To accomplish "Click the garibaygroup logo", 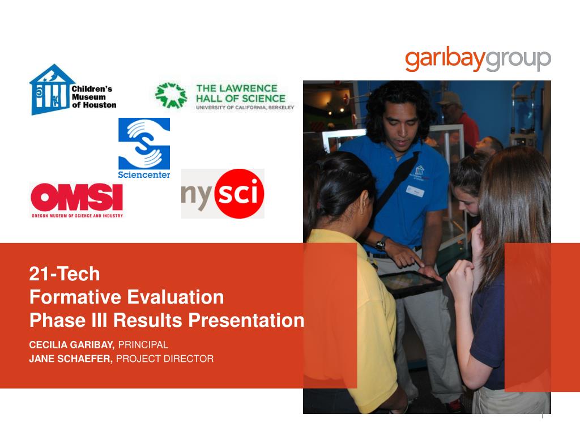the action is point(478,59).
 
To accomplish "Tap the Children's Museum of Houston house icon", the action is point(50,89).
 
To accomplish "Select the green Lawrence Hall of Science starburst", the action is point(171,95).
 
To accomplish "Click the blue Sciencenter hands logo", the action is point(144,143).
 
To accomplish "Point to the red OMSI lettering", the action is point(76,197).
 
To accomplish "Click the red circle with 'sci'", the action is point(240,193).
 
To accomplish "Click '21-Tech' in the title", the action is point(65,274).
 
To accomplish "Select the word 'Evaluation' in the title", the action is point(176,297).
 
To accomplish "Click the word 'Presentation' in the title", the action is point(246,321).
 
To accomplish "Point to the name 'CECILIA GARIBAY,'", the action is point(72,345).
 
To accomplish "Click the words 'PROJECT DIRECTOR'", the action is point(165,359).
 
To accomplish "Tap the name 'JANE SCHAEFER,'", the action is point(71,359).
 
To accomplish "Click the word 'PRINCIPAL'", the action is point(143,345).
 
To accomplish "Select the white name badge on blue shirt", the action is point(415,191).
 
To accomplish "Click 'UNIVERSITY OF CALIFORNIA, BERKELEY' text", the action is point(245,108).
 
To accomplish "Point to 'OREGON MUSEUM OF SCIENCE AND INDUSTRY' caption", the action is point(77,216).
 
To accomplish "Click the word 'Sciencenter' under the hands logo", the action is point(144,174).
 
